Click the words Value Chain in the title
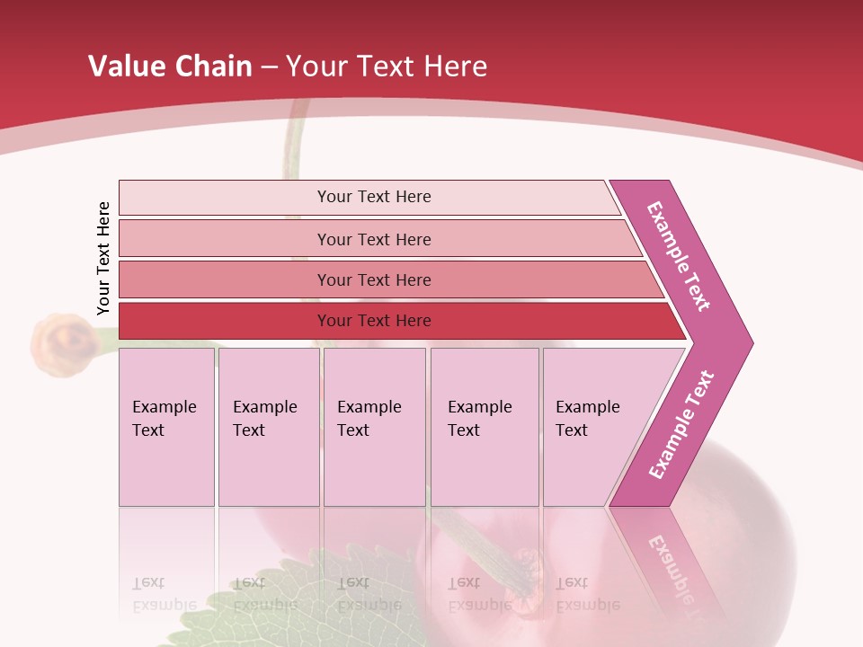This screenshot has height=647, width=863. (x=170, y=66)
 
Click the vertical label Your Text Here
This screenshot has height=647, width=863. (x=104, y=258)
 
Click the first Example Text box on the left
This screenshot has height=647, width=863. (x=166, y=427)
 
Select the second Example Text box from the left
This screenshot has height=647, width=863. (x=268, y=427)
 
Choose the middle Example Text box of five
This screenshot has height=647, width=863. (x=374, y=427)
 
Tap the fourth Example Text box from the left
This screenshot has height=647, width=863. (x=484, y=427)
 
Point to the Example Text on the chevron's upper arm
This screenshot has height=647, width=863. (x=679, y=256)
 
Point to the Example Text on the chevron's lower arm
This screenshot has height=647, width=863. (x=681, y=424)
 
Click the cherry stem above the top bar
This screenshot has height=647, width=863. (x=293, y=148)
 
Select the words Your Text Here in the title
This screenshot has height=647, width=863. (x=387, y=66)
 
